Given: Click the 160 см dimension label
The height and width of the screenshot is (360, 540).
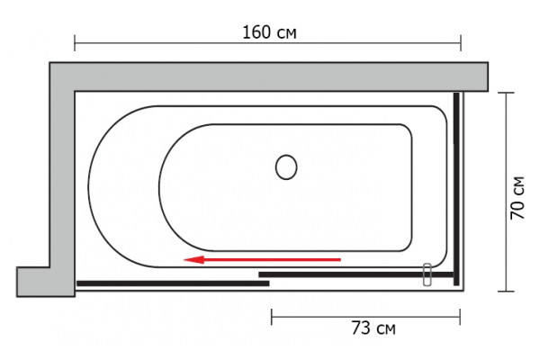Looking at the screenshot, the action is click(269, 32).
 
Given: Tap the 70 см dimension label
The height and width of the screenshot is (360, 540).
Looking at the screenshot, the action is click(517, 198).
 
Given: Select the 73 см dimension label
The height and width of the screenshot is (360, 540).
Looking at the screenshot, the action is click(373, 328).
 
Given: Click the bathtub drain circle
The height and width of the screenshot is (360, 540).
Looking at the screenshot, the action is click(286, 167).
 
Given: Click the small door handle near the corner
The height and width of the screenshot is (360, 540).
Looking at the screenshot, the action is click(427, 274).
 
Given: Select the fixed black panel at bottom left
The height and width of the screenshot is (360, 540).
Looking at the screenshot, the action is click(173, 283).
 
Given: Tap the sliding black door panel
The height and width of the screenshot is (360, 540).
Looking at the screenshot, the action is click(356, 274).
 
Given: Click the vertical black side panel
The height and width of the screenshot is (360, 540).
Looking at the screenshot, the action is click(456, 189).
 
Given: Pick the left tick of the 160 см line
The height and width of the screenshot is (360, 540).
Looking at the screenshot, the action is click(75, 43).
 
